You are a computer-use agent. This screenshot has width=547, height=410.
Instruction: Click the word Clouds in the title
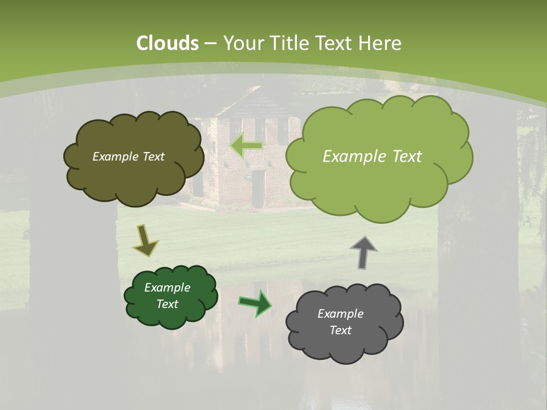168,43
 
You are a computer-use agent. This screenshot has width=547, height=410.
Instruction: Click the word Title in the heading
288,43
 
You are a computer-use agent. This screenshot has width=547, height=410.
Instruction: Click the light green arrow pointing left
247,146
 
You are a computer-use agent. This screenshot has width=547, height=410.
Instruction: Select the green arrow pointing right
255,302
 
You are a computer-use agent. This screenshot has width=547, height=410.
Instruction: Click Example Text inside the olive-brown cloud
128,157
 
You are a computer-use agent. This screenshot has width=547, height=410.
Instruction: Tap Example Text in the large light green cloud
372,157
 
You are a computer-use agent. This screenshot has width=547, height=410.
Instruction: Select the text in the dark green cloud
167,296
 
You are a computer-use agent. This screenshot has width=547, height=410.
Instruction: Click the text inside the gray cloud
340,322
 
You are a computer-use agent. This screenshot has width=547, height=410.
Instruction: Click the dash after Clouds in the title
210,44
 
